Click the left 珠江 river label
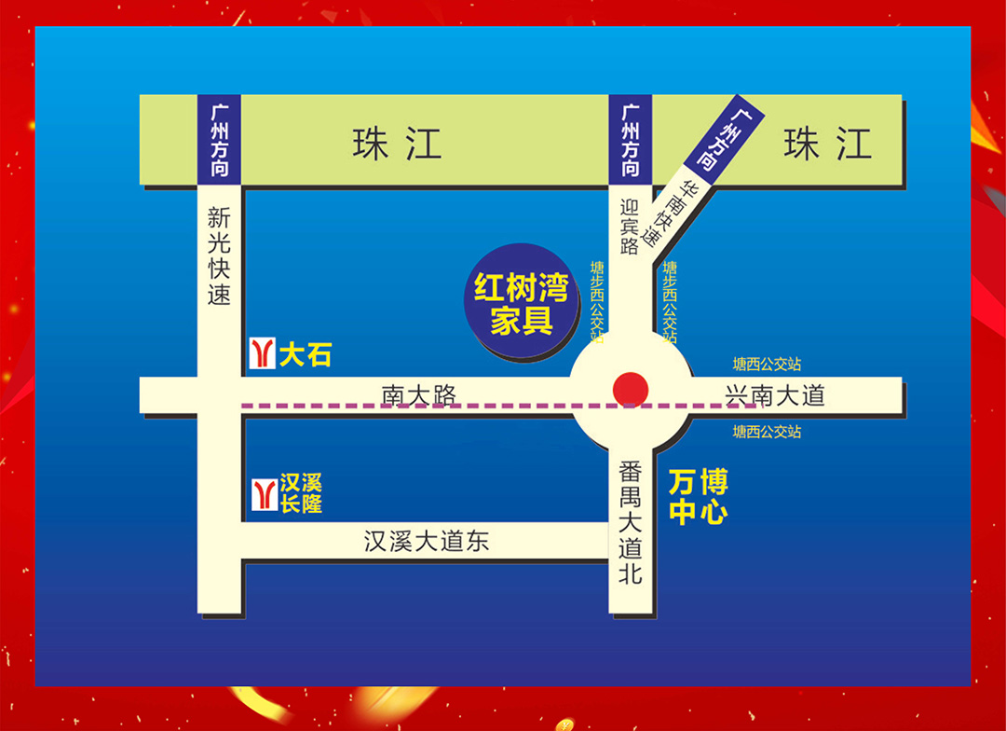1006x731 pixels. click(x=397, y=145)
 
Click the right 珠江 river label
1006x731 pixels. click(x=827, y=145)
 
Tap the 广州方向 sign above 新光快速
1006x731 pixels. click(x=220, y=140)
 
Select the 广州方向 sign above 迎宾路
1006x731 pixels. click(x=631, y=140)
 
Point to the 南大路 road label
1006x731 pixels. click(x=419, y=395)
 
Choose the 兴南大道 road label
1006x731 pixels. click(x=775, y=396)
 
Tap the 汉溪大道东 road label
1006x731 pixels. click(x=426, y=541)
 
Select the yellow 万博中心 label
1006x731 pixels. click(x=698, y=497)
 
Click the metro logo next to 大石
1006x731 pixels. click(x=263, y=353)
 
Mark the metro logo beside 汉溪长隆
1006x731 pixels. click(x=265, y=493)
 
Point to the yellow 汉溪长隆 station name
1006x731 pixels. click(x=301, y=493)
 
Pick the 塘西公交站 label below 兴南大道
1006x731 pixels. click(x=767, y=432)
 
